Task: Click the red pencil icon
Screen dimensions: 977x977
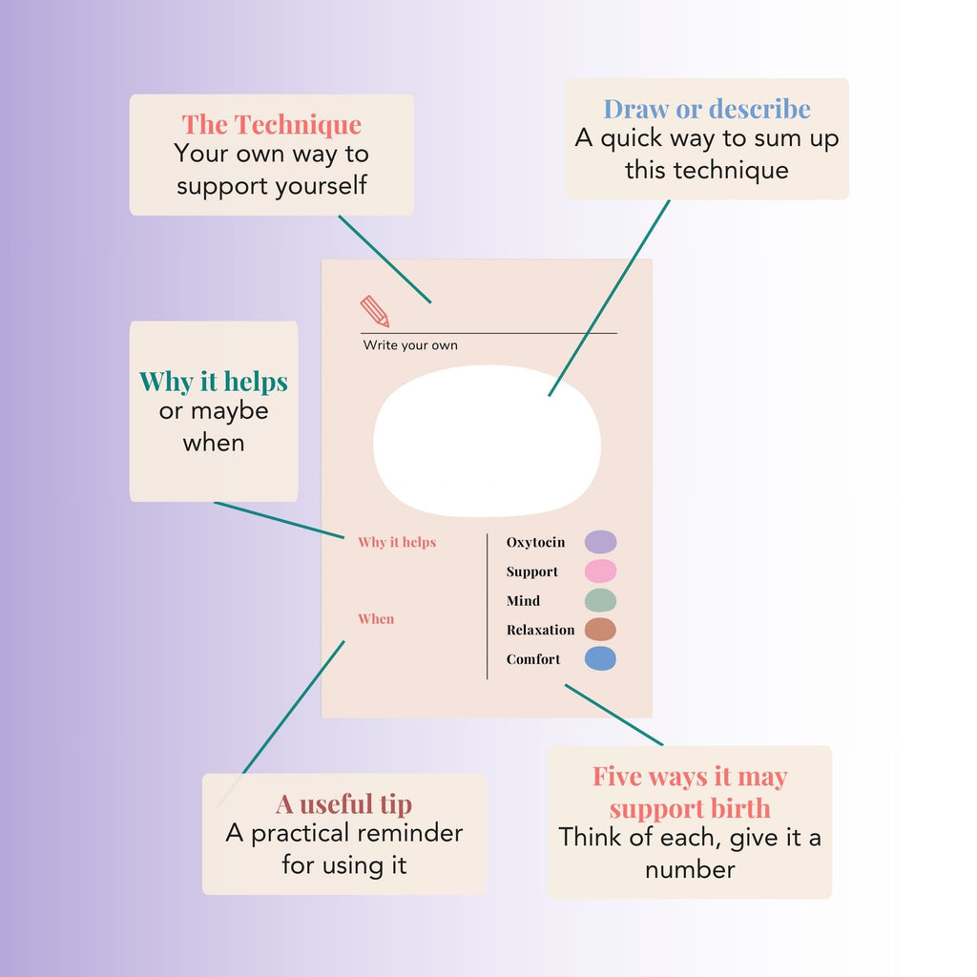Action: coord(374,311)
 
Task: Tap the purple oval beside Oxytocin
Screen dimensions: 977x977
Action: coord(601,542)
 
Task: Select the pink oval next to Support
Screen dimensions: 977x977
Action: coord(601,572)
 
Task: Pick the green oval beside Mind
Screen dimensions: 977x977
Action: coord(601,601)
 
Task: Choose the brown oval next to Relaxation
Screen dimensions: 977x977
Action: coord(601,630)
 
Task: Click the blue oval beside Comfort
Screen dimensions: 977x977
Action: coord(601,658)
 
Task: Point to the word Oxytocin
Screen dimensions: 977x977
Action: coord(536,542)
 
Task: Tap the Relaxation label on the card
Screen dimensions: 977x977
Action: coord(540,630)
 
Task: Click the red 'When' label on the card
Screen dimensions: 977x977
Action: coord(376,618)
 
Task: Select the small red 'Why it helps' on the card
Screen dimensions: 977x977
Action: coord(397,542)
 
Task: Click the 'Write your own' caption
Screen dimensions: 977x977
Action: coord(410,345)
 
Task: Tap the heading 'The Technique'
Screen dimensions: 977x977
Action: coord(272,125)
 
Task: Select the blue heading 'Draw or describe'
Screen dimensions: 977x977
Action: coord(707,109)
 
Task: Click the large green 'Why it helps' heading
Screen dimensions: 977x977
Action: coord(214,382)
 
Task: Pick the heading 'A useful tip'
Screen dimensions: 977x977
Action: coord(343,803)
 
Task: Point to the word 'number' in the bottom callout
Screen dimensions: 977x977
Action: coord(690,870)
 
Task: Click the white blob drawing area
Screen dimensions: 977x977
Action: coord(488,441)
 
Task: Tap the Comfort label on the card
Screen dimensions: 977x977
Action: coord(533,659)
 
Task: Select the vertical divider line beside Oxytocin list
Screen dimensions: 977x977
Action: coord(488,606)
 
